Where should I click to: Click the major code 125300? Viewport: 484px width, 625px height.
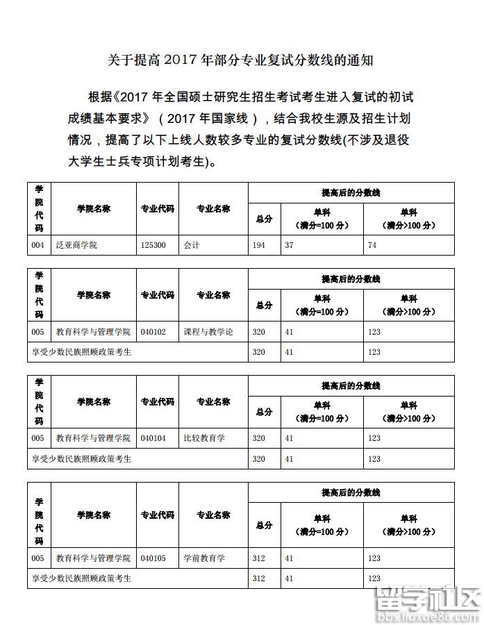point(153,245)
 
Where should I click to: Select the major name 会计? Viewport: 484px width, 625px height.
point(192,245)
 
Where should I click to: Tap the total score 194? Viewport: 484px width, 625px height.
point(259,245)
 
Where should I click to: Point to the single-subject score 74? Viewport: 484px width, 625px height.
point(372,245)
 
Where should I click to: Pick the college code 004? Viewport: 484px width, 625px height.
point(37,245)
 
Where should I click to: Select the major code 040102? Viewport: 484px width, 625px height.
point(153,332)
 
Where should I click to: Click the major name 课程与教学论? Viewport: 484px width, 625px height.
point(208,332)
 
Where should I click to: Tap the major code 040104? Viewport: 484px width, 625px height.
point(153,438)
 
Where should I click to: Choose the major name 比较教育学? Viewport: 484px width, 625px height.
point(204,438)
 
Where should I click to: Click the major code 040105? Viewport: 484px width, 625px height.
point(153,558)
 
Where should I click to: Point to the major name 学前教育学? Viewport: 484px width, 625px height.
point(204,558)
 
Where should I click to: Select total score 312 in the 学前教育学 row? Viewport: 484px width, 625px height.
point(259,558)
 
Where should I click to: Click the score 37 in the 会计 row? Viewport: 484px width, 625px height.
point(290,245)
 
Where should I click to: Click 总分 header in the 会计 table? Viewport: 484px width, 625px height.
point(264,219)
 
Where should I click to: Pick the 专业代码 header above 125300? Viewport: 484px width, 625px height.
point(158,208)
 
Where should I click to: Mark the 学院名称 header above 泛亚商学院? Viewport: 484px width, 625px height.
point(94,208)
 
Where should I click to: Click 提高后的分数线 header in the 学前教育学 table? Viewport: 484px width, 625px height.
point(351,492)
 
